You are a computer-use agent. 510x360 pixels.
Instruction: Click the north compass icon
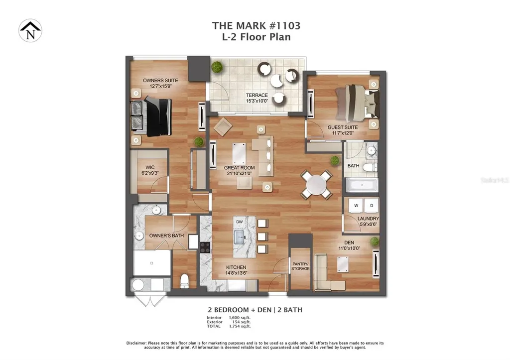click(x=30, y=30)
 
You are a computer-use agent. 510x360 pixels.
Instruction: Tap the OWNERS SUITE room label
click(x=160, y=80)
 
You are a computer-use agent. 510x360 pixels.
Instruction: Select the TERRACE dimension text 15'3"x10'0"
click(x=257, y=101)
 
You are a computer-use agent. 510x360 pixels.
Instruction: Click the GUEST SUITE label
click(x=343, y=127)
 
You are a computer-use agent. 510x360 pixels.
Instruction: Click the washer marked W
click(x=356, y=205)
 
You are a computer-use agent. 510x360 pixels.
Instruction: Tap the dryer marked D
click(x=371, y=205)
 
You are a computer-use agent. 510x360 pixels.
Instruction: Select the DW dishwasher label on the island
click(x=240, y=221)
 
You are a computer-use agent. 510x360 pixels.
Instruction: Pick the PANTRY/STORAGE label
click(x=300, y=266)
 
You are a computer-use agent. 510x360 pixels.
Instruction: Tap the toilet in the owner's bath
click(x=184, y=281)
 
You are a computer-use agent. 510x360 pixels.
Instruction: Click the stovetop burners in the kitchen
click(x=206, y=247)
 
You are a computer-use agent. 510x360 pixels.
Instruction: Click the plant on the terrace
click(x=217, y=67)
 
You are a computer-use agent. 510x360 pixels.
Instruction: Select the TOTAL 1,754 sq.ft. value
click(x=240, y=326)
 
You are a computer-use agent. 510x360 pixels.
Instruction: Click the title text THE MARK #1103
click(x=256, y=25)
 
